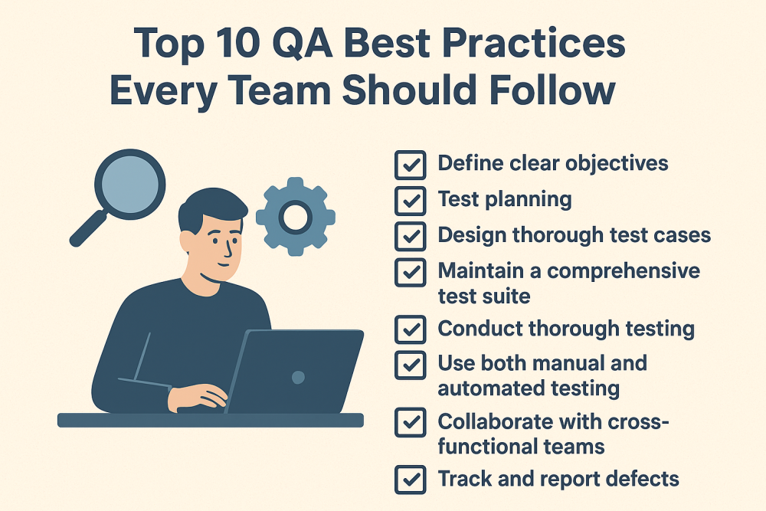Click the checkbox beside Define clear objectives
point(411,163)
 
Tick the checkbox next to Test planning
point(411,200)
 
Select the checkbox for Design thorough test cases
point(411,235)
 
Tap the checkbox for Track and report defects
point(411,480)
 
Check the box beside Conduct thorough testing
point(411,329)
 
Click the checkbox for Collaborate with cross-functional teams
point(411,421)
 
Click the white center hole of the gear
point(294,218)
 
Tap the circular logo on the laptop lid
point(298,377)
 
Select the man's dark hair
point(211,207)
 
